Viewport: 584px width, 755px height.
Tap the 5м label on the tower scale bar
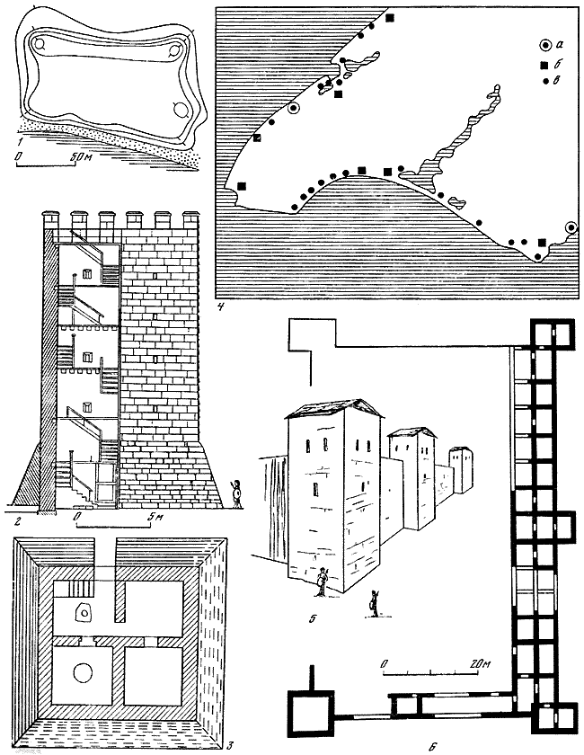pyautogui.click(x=155, y=517)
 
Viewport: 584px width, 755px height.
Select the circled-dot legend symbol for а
pyautogui.click(x=544, y=45)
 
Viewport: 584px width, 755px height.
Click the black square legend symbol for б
pyautogui.click(x=544, y=65)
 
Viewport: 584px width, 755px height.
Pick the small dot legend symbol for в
pyautogui.click(x=545, y=82)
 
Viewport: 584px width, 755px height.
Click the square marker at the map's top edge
pyautogui.click(x=390, y=18)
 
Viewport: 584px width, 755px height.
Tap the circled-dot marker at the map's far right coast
pyautogui.click(x=571, y=226)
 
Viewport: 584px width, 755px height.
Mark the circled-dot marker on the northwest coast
pyautogui.click(x=293, y=109)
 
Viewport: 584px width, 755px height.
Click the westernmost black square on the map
pyautogui.click(x=242, y=185)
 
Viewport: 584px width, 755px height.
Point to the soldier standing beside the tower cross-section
pyautogui.click(x=236, y=493)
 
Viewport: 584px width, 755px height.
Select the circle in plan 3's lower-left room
pyautogui.click(x=83, y=672)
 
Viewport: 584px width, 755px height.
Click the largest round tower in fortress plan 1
pyautogui.click(x=181, y=110)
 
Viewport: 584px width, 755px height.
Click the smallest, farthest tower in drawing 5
pyautogui.click(x=461, y=469)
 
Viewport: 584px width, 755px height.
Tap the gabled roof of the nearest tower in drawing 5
pyautogui.click(x=335, y=410)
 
